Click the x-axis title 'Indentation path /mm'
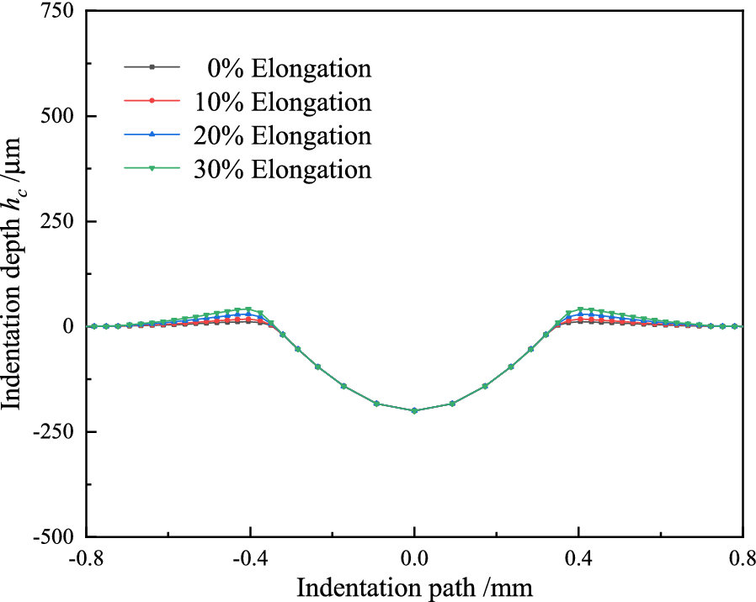tap(413, 586)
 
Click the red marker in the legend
tap(152, 101)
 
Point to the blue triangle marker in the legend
tap(152, 135)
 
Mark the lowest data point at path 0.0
tap(414, 410)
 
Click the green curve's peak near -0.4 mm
tap(248, 309)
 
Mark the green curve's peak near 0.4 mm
tap(580, 309)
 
